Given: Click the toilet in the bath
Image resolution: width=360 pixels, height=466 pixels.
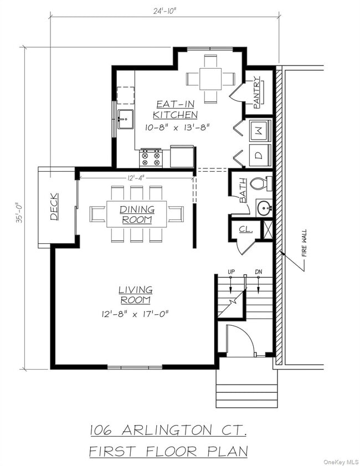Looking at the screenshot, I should [x=260, y=183].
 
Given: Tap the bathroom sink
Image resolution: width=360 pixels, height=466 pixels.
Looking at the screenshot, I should [x=264, y=208].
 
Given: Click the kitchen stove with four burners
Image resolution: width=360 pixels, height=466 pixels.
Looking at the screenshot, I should [x=150, y=157].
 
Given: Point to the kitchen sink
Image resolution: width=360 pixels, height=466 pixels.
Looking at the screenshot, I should [x=125, y=119].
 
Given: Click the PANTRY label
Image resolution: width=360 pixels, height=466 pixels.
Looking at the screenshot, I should [x=257, y=92].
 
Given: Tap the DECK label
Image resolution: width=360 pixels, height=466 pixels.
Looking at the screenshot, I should [x=54, y=206].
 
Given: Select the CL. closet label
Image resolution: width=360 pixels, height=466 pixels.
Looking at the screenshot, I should [x=245, y=229].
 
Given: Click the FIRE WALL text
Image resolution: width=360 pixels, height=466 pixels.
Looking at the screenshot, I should [x=304, y=244].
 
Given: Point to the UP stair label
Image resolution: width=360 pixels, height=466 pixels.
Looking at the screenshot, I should [x=231, y=272].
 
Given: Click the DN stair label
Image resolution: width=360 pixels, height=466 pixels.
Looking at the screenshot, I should [x=259, y=272].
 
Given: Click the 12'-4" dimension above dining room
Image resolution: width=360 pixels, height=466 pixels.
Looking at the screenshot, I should [x=136, y=177].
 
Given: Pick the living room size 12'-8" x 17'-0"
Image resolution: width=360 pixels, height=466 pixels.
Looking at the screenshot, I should [x=135, y=314].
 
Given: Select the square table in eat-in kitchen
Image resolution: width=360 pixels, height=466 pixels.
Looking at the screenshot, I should [x=210, y=79].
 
